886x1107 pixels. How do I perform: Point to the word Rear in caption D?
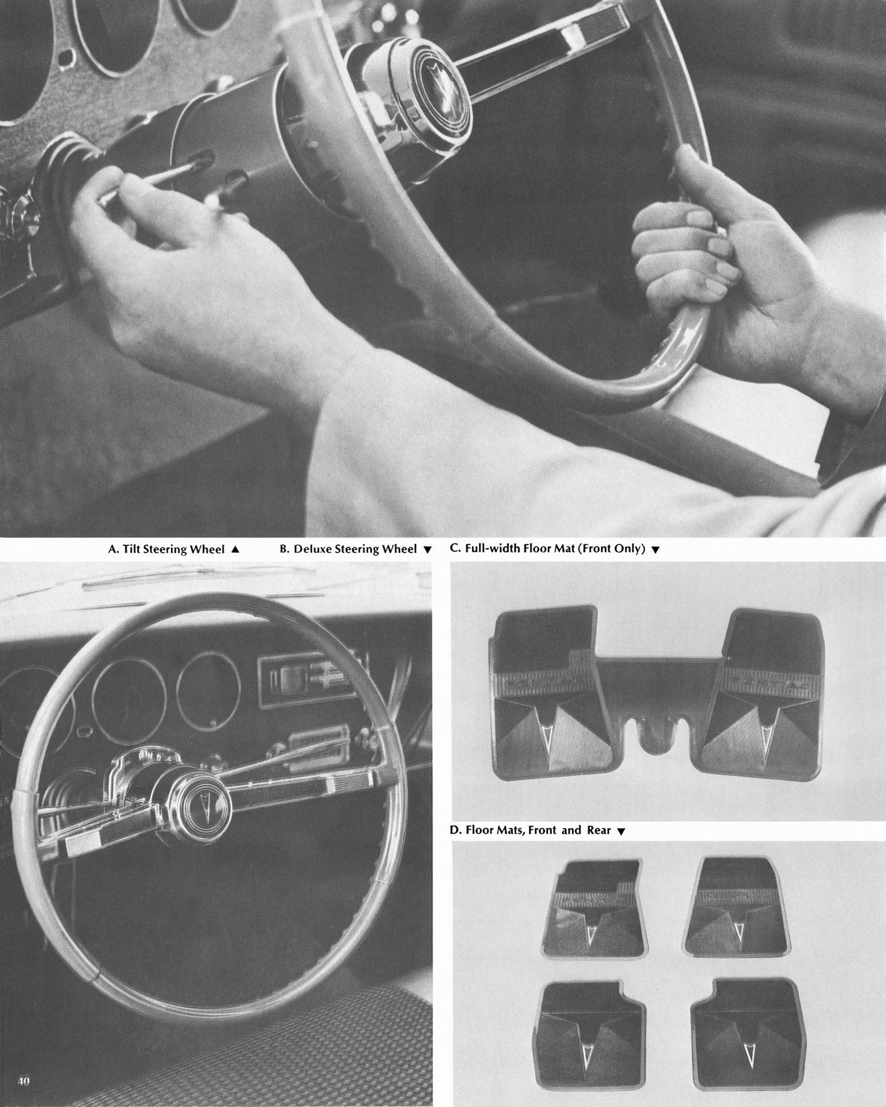pos(599,830)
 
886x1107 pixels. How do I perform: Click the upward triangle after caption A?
pos(235,549)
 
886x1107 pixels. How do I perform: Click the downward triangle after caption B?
pos(427,550)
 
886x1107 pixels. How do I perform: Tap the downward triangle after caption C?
pos(656,550)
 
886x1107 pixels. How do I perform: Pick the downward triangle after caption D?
pos(621,831)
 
